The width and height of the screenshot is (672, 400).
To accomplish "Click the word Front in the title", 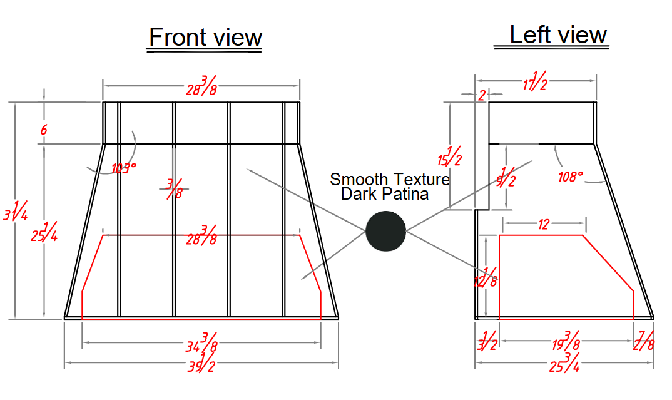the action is pos(178,37).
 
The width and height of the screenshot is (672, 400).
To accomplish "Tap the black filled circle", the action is pos(385,231).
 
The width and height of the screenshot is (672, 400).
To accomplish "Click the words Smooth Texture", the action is pos(390,179).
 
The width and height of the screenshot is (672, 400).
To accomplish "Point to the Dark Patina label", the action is pos(385,194).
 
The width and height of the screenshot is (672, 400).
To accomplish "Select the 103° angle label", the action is pos(124,168).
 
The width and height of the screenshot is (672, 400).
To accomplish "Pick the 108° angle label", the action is pos(571,176).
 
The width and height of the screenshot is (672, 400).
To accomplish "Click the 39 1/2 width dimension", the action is pos(201,362).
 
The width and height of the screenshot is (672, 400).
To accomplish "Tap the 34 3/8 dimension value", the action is pos(201,342).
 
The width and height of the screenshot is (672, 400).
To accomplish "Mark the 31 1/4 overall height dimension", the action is pos(16,210).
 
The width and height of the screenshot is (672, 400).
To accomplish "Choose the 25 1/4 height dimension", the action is pos(44,232).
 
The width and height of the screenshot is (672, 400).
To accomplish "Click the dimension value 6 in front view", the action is pos(44,130).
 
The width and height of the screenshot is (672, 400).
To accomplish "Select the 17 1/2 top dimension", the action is pos(535,81).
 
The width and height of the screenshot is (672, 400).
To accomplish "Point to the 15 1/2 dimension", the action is pos(450,156).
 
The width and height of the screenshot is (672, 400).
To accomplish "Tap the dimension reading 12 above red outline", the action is pos(544,224).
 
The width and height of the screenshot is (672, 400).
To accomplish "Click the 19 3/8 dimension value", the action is pos(566,341).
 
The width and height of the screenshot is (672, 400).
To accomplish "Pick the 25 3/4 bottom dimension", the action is pos(565,362).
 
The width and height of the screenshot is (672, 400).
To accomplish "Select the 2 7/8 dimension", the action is pos(644,341).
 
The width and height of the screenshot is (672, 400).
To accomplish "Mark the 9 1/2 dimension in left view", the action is pos(506,177).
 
